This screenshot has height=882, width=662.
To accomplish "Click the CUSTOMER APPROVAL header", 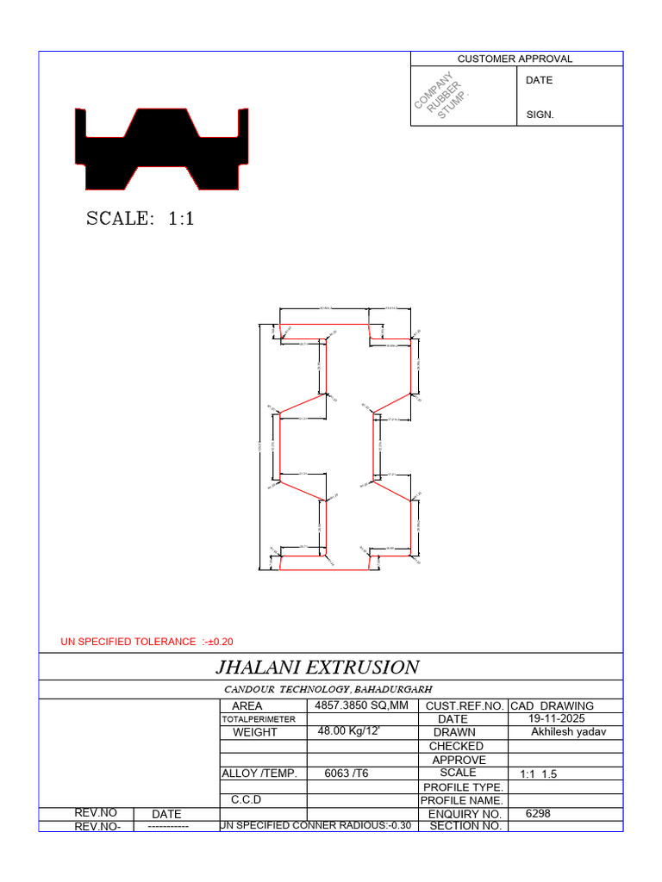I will [x=515, y=59].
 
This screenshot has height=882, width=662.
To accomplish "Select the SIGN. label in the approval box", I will [x=540, y=115].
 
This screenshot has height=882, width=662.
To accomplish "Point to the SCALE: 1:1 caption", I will [x=141, y=219].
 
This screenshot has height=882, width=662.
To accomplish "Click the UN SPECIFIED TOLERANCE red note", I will [x=147, y=642].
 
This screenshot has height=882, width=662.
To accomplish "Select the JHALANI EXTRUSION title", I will [x=316, y=667].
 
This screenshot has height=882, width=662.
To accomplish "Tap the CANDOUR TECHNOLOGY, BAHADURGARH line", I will [x=328, y=689].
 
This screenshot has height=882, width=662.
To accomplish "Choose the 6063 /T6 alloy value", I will [x=346, y=773].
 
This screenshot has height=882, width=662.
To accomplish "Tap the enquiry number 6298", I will [x=537, y=813].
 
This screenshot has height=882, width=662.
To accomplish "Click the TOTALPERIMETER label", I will [x=259, y=719].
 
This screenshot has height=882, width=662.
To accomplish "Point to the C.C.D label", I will [x=246, y=800].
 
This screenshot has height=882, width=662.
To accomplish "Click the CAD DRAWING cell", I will [x=553, y=705].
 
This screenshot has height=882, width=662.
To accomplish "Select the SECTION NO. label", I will [x=465, y=826].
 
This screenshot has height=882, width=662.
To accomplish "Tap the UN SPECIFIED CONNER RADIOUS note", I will [x=316, y=826].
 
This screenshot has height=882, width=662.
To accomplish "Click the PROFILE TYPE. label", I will [x=461, y=787].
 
